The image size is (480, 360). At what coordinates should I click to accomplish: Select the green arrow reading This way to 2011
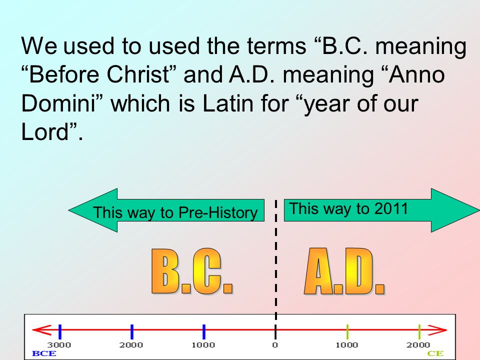[x=380, y=210]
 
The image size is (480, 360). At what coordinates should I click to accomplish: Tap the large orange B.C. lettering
[x=192, y=271]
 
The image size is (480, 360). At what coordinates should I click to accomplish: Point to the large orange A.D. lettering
[x=344, y=271]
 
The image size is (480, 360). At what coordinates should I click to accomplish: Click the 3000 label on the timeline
[x=59, y=345]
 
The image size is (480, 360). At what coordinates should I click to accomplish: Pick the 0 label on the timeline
[x=275, y=345]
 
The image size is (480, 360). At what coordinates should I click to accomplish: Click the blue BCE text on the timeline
[x=44, y=353]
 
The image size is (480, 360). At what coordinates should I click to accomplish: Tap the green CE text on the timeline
[x=435, y=353]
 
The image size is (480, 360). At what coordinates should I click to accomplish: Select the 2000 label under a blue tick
[x=131, y=345]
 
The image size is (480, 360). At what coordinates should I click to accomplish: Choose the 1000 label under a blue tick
[x=203, y=345]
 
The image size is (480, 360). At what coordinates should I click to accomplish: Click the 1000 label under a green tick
[x=346, y=345]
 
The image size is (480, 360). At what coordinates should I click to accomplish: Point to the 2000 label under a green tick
[x=418, y=345]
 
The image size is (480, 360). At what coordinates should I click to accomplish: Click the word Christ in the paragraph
[x=150, y=75]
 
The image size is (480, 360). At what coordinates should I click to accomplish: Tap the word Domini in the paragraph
[x=62, y=103]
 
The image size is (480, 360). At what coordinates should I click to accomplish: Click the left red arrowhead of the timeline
[x=40, y=330]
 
